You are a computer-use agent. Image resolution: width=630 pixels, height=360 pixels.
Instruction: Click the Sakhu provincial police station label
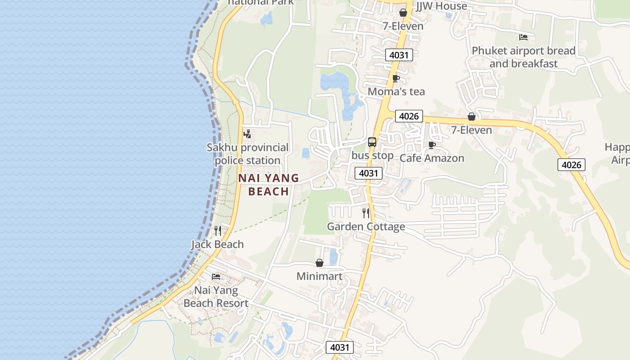(x=247, y=154)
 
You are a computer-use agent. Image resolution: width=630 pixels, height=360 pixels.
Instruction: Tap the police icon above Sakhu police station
(x=247, y=134)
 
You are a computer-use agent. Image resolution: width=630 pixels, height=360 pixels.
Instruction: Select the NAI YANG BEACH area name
(x=269, y=184)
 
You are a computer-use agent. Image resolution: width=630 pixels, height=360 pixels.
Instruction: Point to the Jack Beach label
(x=217, y=244)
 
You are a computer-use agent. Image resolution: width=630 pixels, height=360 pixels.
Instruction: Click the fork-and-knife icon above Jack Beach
(x=218, y=231)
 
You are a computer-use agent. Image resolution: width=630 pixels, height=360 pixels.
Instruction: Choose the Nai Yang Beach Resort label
(x=216, y=297)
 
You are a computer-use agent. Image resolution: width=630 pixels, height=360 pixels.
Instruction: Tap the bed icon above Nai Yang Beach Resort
(x=216, y=276)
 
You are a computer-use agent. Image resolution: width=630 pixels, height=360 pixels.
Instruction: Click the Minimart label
(x=319, y=276)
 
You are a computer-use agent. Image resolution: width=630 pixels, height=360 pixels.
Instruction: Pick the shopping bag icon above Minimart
(x=319, y=263)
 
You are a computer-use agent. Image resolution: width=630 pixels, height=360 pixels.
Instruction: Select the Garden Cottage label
(x=366, y=226)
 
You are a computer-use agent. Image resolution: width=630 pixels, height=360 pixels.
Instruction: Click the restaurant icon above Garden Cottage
(x=366, y=213)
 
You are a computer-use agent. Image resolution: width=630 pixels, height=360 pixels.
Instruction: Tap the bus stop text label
(x=373, y=156)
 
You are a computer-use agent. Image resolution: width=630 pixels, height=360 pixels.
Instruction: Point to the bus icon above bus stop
(x=372, y=142)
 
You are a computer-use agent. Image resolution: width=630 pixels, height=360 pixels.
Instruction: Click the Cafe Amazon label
(x=432, y=158)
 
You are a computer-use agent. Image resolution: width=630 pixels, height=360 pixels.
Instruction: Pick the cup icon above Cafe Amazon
(x=432, y=145)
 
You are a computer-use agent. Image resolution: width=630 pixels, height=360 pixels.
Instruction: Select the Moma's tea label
(x=396, y=92)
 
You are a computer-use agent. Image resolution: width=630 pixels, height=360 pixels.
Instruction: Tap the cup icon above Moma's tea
(x=396, y=79)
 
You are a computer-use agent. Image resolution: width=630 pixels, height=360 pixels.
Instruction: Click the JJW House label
(x=441, y=6)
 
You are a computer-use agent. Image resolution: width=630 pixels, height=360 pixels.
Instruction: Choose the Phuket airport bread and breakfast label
(x=523, y=57)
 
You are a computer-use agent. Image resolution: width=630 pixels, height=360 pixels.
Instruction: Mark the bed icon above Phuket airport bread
(x=523, y=37)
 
